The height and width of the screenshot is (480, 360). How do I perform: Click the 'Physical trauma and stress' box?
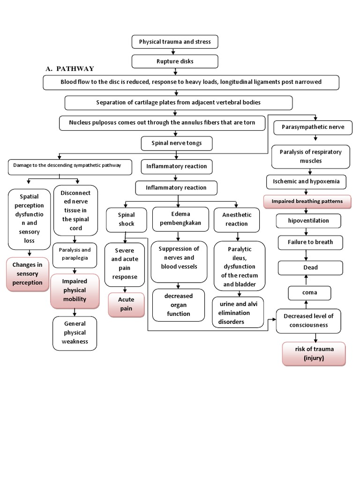[x=175, y=42]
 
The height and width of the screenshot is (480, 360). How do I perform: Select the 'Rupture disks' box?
[x=175, y=61]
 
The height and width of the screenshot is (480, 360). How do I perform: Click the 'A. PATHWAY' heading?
[x=70, y=69]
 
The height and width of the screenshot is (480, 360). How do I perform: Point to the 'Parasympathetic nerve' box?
[x=313, y=127]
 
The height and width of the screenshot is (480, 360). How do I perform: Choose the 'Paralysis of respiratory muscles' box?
[x=311, y=156]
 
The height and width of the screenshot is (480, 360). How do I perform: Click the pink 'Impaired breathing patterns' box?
[x=307, y=202]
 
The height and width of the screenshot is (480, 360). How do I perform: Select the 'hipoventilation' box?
[x=309, y=220]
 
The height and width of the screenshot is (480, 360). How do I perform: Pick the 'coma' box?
[x=309, y=292]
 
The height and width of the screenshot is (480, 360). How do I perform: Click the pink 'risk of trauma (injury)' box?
[x=313, y=354]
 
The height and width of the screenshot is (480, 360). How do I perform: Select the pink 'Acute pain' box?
[x=126, y=304]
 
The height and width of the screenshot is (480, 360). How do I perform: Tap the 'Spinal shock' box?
[x=126, y=219]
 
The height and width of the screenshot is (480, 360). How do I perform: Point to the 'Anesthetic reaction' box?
[x=236, y=219]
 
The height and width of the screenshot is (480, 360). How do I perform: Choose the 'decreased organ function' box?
[x=179, y=305]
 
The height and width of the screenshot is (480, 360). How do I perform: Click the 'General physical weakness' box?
[x=75, y=333]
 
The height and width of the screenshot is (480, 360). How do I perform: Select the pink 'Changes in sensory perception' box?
[x=27, y=274]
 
